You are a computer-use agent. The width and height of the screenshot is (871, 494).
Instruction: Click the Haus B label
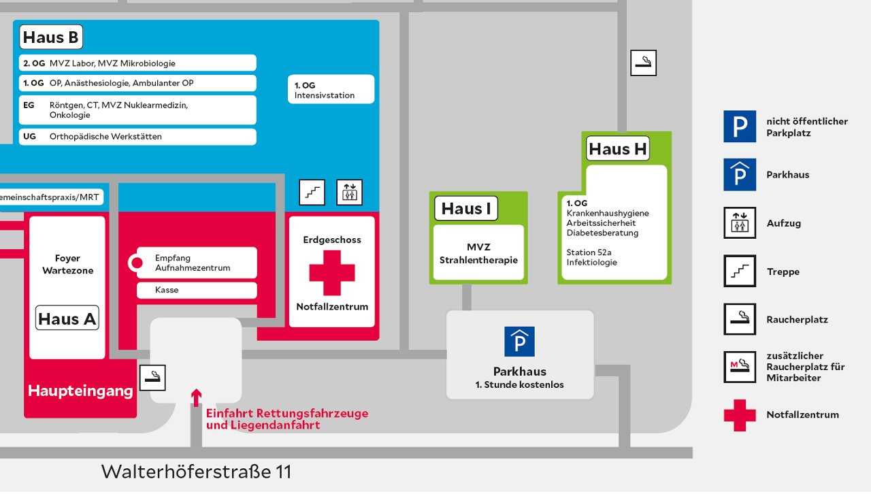click(51, 37)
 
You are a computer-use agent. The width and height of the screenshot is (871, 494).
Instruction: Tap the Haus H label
click(618, 149)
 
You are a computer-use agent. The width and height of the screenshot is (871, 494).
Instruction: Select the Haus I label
click(466, 209)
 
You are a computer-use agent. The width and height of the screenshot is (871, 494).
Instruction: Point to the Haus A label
click(67, 318)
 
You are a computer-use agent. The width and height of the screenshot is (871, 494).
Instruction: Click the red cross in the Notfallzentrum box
click(332, 273)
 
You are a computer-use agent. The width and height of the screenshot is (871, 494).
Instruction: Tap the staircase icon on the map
click(312, 193)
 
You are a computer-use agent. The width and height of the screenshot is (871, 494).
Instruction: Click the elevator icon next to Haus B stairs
click(350, 193)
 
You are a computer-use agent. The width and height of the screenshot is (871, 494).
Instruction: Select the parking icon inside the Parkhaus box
click(519, 342)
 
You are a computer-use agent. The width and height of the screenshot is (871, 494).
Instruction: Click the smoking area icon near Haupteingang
click(152, 378)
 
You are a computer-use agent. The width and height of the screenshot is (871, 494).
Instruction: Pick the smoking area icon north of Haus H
click(643, 63)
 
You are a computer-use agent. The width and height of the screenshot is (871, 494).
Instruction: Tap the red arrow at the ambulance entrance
click(196, 397)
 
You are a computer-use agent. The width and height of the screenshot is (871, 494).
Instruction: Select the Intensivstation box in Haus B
click(331, 90)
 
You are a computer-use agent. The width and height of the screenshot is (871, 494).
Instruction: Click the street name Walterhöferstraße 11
click(196, 472)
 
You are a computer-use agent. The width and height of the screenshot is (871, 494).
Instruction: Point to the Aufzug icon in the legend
click(739, 223)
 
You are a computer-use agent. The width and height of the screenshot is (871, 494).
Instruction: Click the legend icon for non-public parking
click(739, 127)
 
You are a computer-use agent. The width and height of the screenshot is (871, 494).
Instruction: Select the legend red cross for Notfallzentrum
click(739, 415)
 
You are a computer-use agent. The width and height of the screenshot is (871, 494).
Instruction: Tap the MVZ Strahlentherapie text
click(478, 254)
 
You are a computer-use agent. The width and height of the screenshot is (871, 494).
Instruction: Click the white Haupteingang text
click(80, 391)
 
